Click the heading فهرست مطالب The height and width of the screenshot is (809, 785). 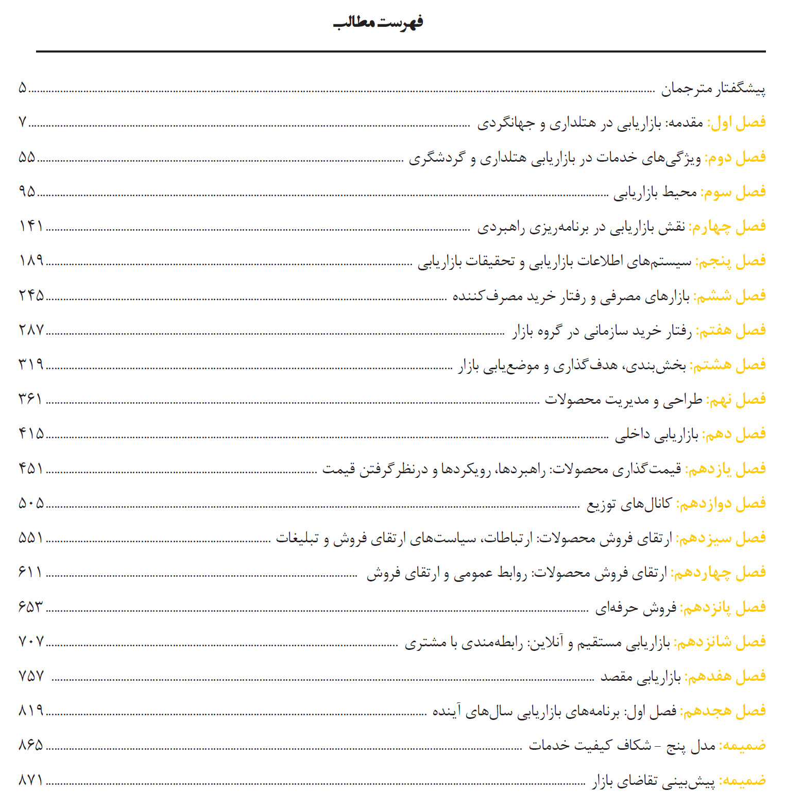coord(379,23)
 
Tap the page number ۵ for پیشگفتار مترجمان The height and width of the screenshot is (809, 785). coord(22,88)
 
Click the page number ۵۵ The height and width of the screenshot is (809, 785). coord(27,157)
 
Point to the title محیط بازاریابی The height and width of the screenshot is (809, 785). coord(655,193)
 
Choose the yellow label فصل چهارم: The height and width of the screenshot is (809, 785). coord(727,227)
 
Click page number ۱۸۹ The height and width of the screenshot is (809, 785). coord(31,261)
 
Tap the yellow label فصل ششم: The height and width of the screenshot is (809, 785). coord(729,296)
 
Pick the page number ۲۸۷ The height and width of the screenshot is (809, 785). coord(31,330)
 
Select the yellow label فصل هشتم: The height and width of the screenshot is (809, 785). coord(727,365)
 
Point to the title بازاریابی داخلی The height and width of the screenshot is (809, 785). coord(656,435)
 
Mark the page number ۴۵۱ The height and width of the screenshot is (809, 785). coord(31,469)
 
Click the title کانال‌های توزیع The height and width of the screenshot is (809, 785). coord(629,504)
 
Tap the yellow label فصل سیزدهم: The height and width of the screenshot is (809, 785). coord(721,538)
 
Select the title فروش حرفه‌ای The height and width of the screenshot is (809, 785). coord(636,608)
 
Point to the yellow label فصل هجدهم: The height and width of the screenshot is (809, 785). coord(723,711)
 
